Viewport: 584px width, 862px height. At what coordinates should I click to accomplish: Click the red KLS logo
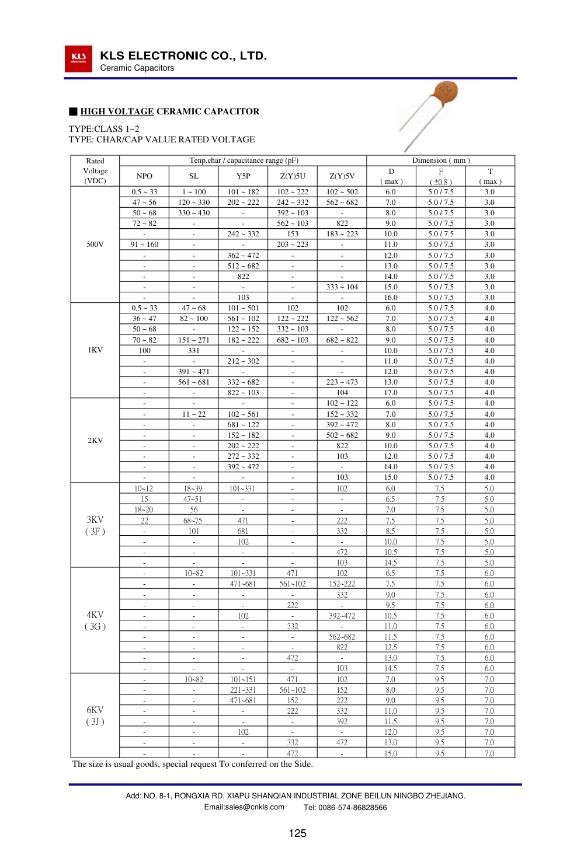(78, 59)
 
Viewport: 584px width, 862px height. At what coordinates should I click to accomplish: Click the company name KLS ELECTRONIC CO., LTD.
(183, 56)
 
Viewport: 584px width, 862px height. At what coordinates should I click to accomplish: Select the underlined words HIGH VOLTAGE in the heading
(117, 111)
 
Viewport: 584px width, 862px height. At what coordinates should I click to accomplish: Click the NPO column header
(144, 176)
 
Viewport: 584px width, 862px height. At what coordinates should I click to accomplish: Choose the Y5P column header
(244, 176)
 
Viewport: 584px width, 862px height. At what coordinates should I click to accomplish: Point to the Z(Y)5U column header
(293, 176)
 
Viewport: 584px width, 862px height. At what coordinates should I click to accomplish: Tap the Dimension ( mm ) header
(441, 160)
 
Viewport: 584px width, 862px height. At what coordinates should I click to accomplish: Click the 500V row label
(95, 245)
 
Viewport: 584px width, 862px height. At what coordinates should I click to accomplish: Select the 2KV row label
(95, 441)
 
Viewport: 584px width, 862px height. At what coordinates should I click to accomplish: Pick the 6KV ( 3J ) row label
(95, 716)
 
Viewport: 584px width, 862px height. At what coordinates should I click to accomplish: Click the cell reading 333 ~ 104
(342, 287)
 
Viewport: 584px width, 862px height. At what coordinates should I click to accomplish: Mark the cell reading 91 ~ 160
(144, 245)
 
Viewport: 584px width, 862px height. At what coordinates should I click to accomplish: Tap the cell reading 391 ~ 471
(194, 372)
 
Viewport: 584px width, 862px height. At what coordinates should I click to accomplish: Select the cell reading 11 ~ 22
(194, 414)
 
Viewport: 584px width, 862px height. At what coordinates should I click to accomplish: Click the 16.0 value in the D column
(391, 298)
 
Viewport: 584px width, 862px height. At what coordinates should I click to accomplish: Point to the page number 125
(297, 833)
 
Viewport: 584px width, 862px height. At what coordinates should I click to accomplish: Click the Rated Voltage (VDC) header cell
(95, 170)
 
